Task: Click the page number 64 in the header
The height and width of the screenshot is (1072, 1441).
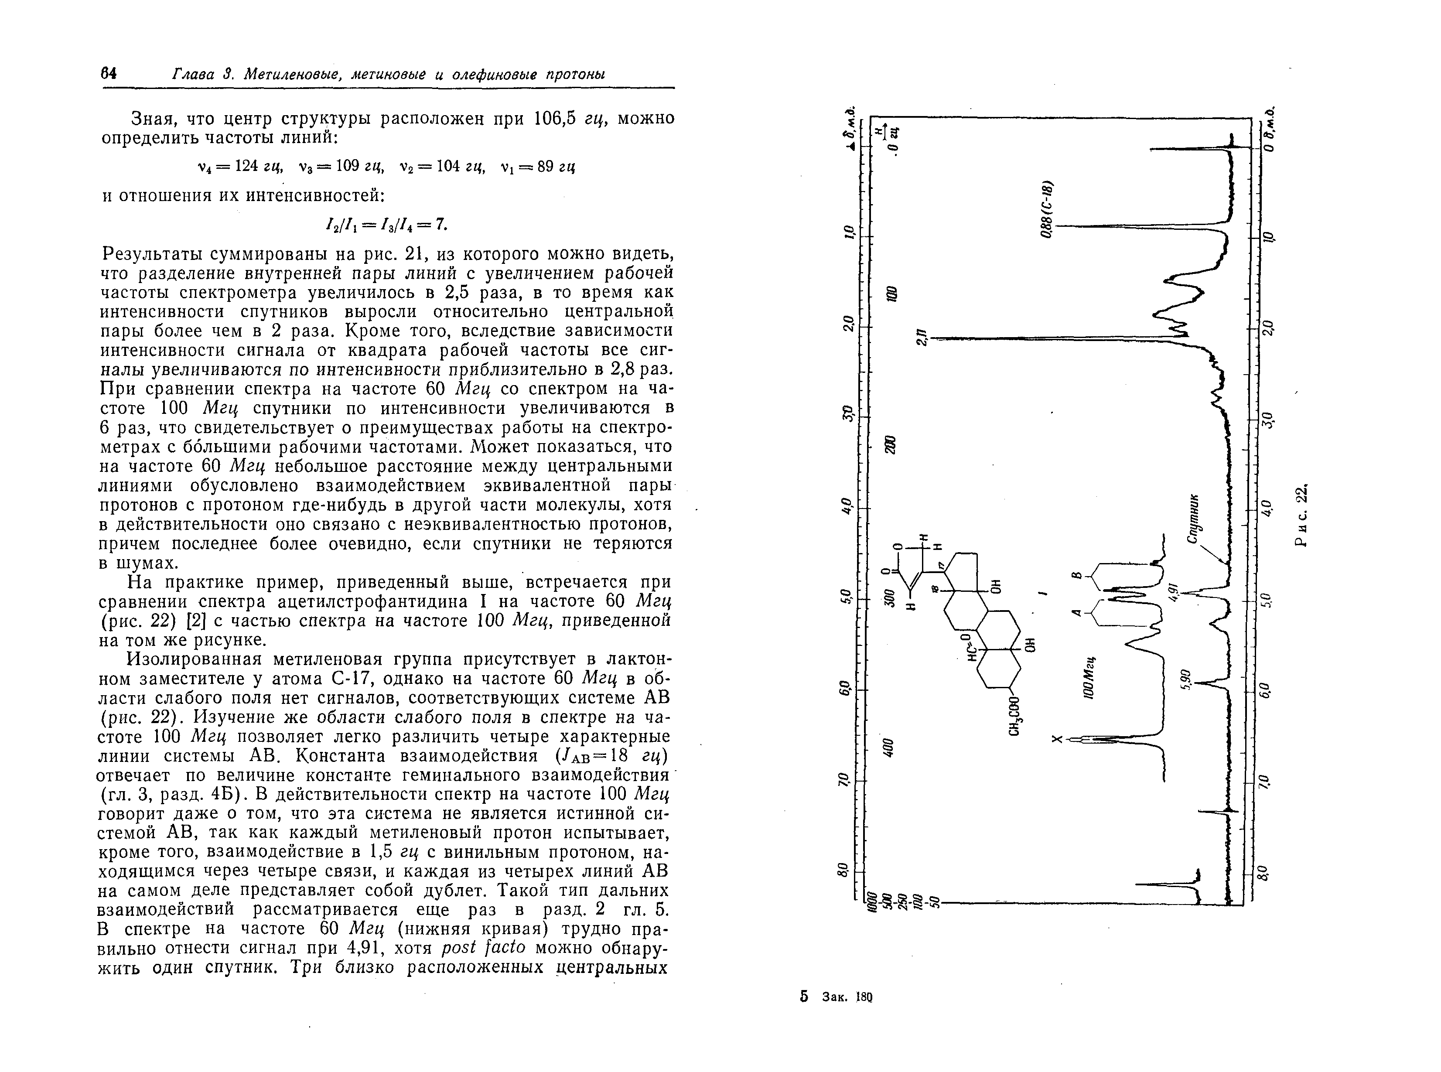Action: [x=108, y=74]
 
